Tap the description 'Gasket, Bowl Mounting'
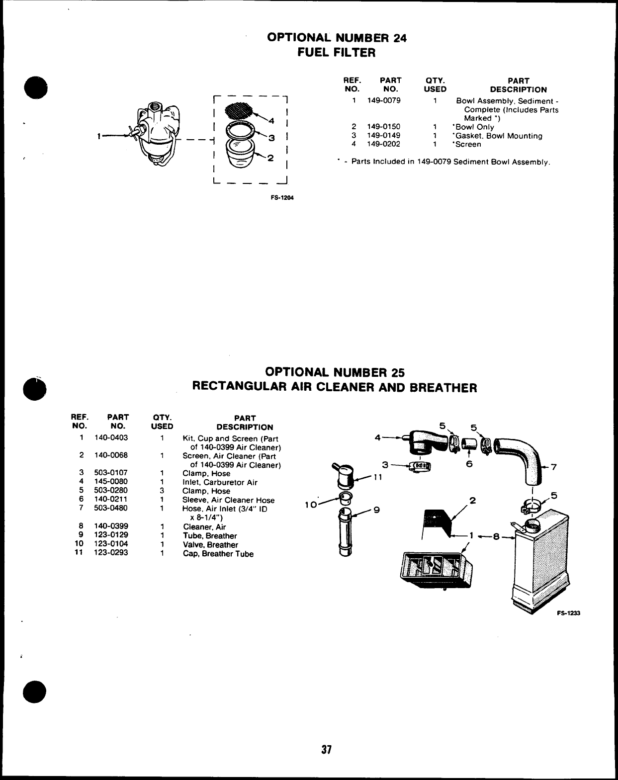tap(497, 136)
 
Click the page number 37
tap(326, 749)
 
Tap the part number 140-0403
tap(111, 438)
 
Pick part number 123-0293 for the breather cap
tap(111, 553)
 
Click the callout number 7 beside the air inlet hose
tap(554, 467)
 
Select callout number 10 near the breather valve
tap(311, 505)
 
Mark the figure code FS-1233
tap(568, 613)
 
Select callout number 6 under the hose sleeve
tap(469, 464)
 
